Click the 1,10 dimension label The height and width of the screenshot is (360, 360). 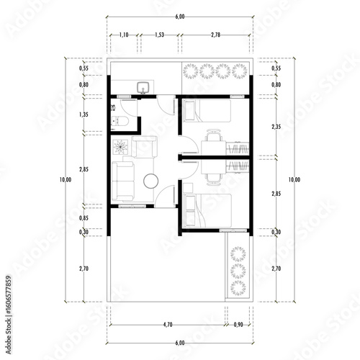pos(123,35)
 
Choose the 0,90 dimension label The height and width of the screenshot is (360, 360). pos(238,325)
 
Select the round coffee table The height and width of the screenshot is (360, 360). pos(152,181)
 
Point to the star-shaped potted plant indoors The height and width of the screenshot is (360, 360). pos(120,148)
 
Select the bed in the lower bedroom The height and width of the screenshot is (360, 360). pos(207,209)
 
